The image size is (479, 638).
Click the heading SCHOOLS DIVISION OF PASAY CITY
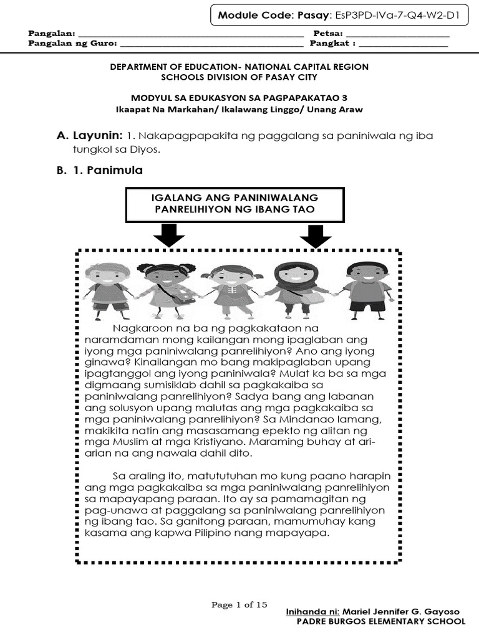pyautogui.click(x=239, y=77)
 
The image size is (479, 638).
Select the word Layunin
pyautogui.click(x=97, y=136)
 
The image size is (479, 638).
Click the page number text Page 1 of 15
pyautogui.click(x=239, y=604)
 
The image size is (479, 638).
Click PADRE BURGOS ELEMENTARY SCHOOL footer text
pyautogui.click(x=380, y=622)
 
